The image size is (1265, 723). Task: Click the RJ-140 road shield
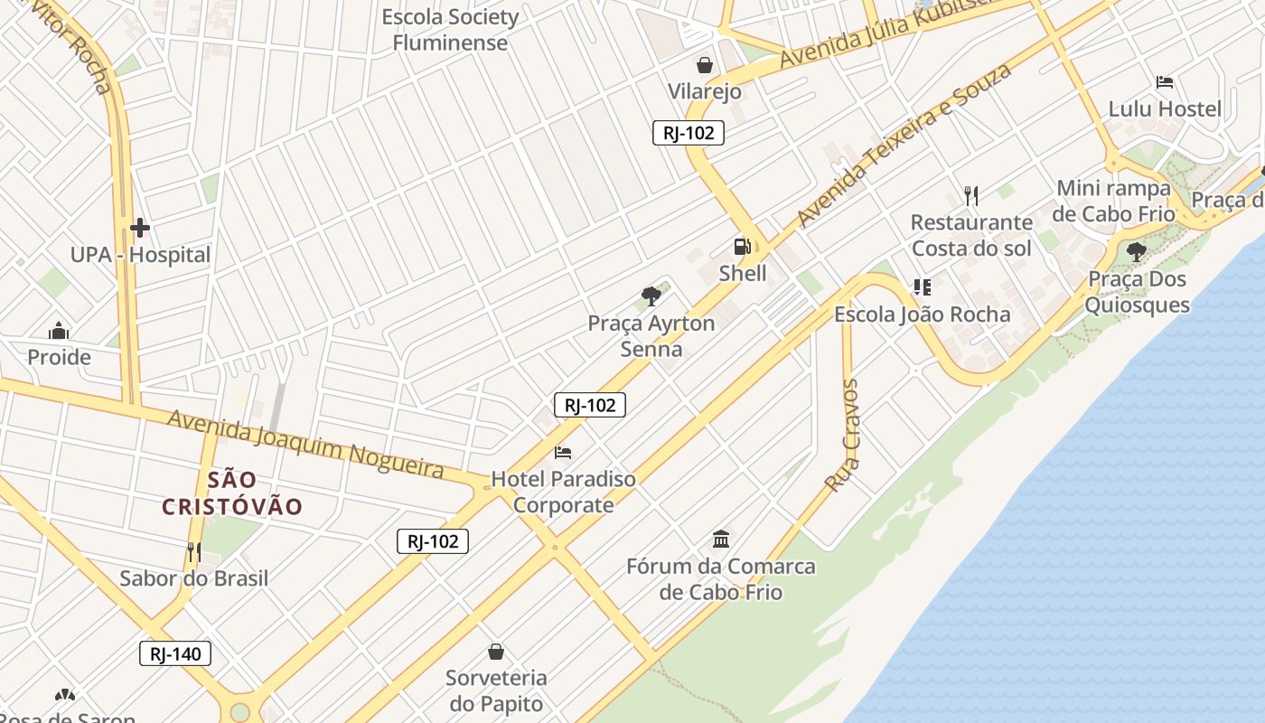[175, 653]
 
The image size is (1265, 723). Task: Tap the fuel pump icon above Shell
[742, 246]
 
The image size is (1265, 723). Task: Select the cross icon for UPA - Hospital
[140, 228]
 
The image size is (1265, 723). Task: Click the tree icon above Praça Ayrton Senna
[651, 296]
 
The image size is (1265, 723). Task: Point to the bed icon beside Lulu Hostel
[1165, 82]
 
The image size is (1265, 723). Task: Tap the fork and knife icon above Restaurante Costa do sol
[971, 194]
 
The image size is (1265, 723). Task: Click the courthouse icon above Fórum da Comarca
[721, 540]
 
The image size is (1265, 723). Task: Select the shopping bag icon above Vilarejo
[704, 65]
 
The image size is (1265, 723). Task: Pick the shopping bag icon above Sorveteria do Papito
[496, 651]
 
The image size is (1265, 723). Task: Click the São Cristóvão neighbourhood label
[232, 493]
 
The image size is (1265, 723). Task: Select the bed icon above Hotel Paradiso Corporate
[563, 452]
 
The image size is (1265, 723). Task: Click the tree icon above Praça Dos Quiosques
[1136, 252]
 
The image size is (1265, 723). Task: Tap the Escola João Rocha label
[922, 315]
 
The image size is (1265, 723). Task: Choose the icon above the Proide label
[59, 331]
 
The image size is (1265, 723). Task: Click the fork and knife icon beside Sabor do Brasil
[193, 551]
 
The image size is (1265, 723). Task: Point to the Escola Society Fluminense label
[450, 30]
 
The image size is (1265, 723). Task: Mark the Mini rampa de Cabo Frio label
[1114, 201]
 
